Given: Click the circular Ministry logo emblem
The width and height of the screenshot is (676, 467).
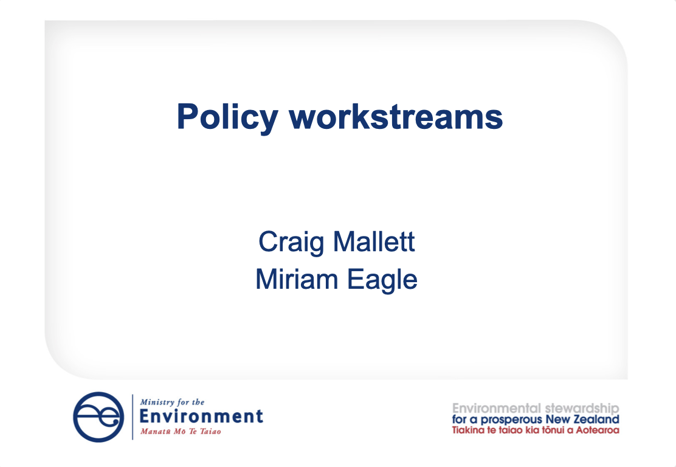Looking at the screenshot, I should [98, 417].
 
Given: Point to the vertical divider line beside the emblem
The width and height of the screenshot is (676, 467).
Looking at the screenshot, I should [133, 417].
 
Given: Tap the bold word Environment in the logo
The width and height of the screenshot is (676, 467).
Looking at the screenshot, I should [201, 417].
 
